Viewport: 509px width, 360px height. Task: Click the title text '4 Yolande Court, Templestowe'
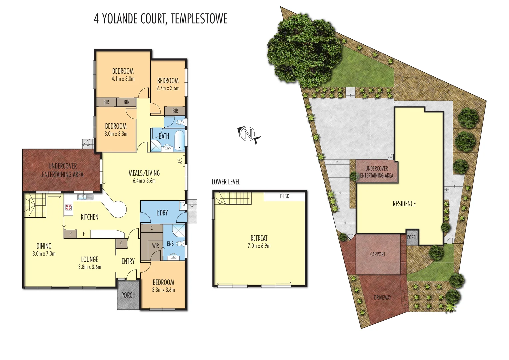pos(161,19)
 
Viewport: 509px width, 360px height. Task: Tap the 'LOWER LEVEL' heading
pos(226,182)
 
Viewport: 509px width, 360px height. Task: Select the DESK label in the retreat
pos(284,196)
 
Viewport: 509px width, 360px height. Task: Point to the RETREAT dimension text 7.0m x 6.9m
pos(259,246)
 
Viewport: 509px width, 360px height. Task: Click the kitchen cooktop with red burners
pos(69,208)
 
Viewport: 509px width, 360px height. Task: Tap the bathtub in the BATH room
pos(179,140)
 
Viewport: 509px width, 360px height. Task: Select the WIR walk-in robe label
pos(155,246)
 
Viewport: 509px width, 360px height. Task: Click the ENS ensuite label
pos(170,244)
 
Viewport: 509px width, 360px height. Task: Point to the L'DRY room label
pos(162,213)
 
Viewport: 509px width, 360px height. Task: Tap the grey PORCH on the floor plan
pos(128,295)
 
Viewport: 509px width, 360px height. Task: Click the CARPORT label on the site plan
pos(377,254)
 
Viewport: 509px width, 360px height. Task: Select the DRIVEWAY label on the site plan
pos(382,297)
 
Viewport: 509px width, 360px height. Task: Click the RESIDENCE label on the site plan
pos(404,204)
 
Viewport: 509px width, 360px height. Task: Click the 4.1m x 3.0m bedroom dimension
pos(123,79)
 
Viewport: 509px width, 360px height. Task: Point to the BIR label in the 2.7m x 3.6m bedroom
pos(175,111)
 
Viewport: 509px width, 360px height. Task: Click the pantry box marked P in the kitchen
pos(70,234)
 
